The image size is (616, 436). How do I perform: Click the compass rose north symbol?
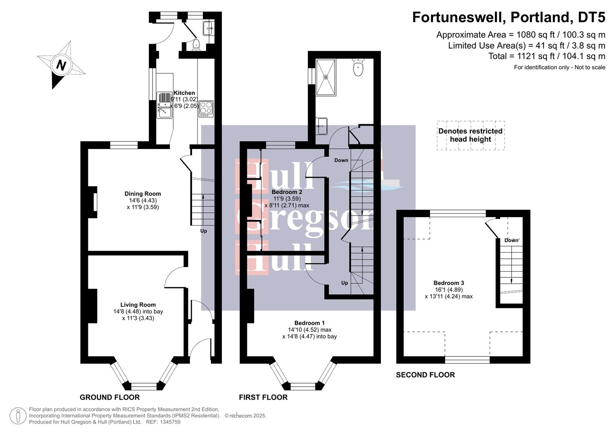point(61,65)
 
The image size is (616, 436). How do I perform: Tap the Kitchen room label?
point(184,93)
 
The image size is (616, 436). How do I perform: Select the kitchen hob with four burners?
point(206,109)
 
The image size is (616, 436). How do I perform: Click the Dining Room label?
point(142,194)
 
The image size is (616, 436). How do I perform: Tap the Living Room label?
point(138,305)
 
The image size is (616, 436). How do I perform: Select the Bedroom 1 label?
point(309,323)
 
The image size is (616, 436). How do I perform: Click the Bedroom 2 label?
point(287,192)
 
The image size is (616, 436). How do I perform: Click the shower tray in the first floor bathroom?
point(326,77)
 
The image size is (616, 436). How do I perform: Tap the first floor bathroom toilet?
point(358,67)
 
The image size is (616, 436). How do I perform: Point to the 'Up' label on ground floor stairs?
point(204,231)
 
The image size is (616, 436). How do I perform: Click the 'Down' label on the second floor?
point(511,240)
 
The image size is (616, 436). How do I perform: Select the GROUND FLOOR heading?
point(110,397)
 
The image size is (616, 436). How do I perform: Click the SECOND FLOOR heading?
point(425,375)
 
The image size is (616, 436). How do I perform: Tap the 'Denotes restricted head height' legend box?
point(470,135)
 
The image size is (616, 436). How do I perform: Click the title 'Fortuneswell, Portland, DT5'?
point(508,17)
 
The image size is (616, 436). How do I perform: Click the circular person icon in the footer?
point(18,416)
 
